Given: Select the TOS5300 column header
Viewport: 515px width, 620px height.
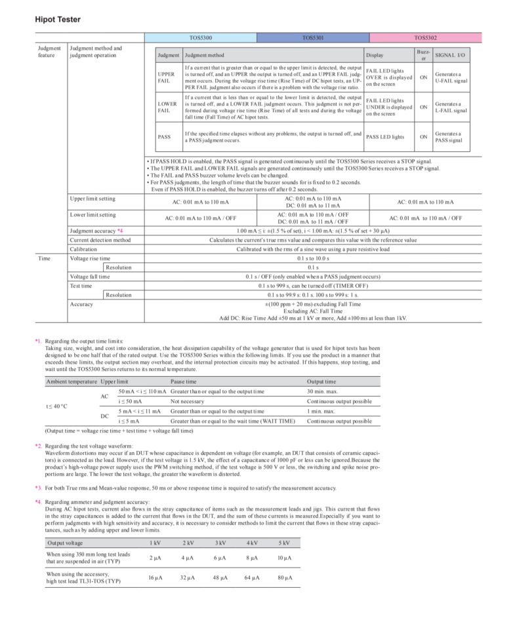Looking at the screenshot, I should click(199, 39).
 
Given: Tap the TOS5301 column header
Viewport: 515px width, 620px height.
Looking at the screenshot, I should click(314, 39).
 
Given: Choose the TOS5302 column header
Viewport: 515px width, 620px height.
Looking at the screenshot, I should click(426, 39).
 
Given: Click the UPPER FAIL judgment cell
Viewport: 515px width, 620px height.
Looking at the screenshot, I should click(167, 77).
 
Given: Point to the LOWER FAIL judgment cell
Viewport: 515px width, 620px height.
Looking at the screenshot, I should click(167, 107).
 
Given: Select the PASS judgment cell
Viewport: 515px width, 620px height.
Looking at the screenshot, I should click(164, 137).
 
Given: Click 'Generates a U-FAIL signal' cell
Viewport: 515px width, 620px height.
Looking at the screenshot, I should click(451, 77).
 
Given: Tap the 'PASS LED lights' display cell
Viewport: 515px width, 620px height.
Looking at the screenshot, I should click(385, 137).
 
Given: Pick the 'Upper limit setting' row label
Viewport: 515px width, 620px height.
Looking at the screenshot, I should click(93, 198).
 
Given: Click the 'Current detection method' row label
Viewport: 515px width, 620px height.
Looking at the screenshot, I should click(100, 240).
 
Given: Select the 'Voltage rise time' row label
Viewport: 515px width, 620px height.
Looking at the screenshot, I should click(90, 258).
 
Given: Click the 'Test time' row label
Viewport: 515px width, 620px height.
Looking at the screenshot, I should click(81, 286).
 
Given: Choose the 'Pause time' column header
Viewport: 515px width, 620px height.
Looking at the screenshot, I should click(184, 381).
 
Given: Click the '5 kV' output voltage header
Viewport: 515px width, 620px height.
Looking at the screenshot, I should click(283, 543).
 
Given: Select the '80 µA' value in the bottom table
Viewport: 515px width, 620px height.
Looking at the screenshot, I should click(283, 577).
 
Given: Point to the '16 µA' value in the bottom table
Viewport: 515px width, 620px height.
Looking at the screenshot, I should click(155, 577).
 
